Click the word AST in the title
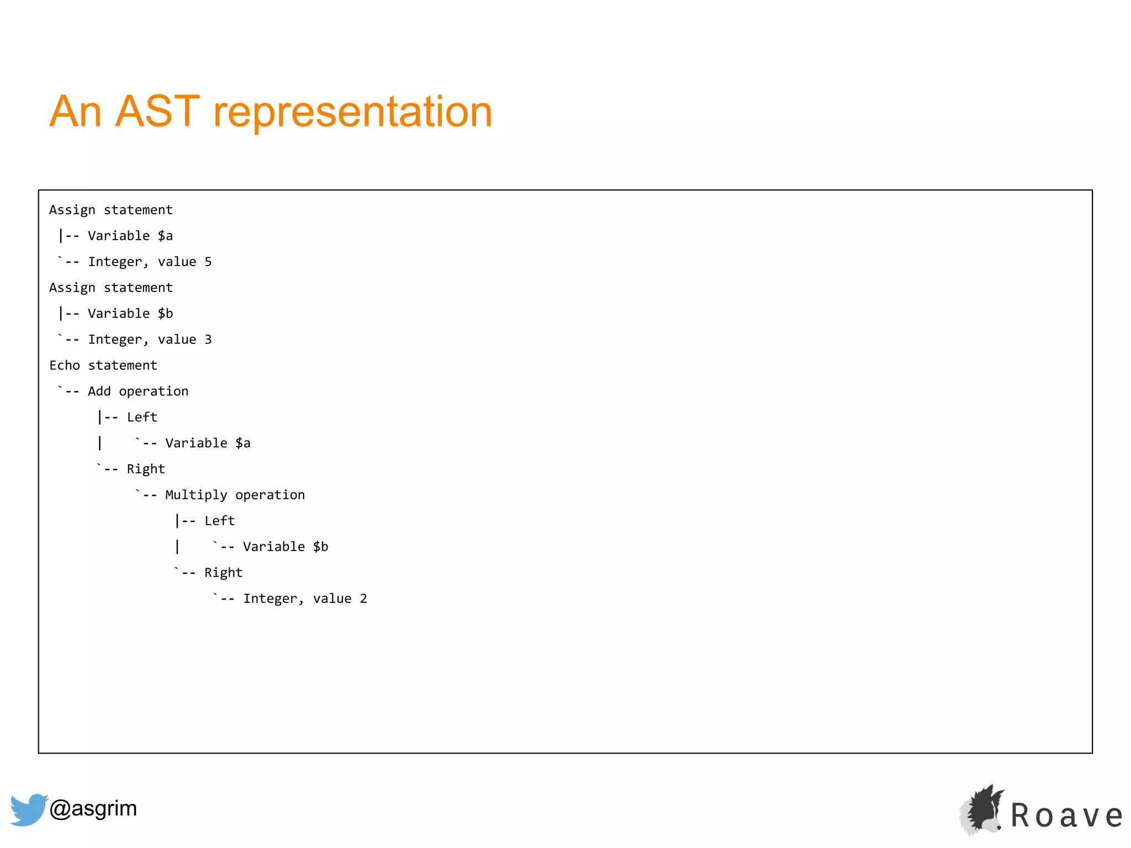(x=157, y=112)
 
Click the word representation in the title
(x=352, y=113)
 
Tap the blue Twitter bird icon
(x=28, y=809)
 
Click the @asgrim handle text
(x=93, y=808)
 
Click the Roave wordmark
(x=1066, y=815)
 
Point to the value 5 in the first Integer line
(x=208, y=262)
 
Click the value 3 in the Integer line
(x=208, y=340)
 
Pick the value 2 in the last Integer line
(x=363, y=598)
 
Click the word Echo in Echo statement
(x=65, y=365)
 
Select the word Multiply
(x=196, y=495)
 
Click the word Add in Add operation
(x=99, y=391)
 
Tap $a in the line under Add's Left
(x=243, y=443)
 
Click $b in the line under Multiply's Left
(x=320, y=547)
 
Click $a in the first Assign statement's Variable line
(x=165, y=236)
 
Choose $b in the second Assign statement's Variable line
(x=165, y=314)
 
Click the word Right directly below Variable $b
(x=223, y=573)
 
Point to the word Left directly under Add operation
(x=142, y=417)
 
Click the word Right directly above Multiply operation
(x=146, y=469)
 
